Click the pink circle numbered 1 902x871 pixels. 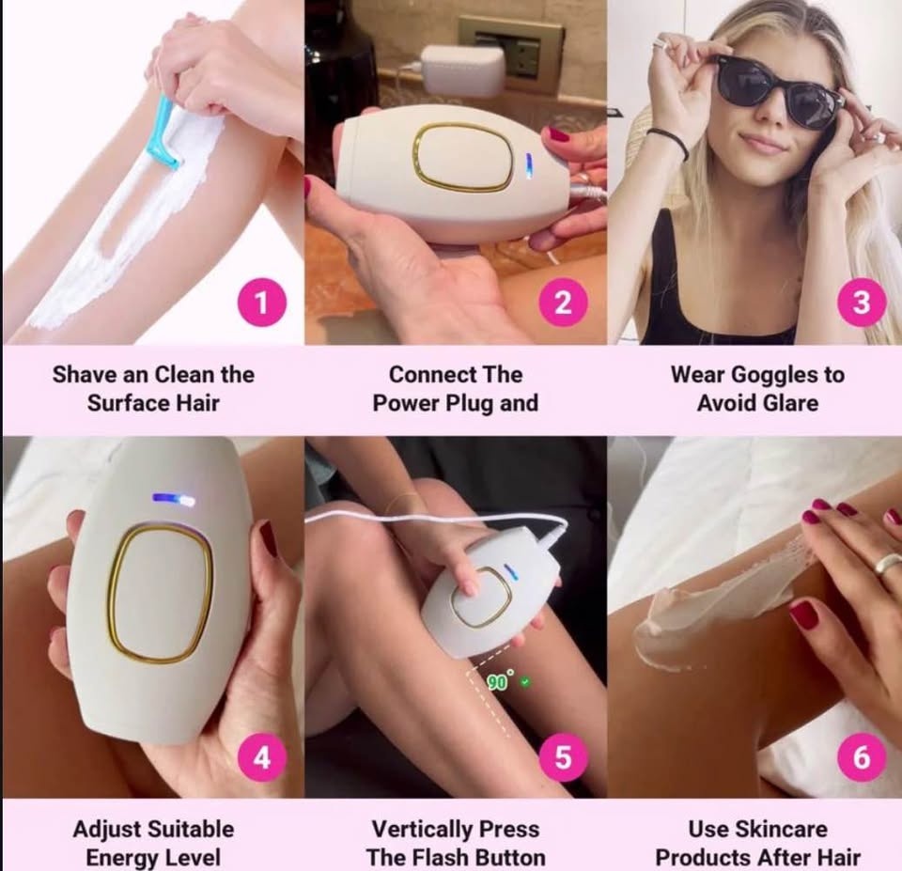262,302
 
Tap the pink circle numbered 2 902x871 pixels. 563,302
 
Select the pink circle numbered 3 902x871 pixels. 862,302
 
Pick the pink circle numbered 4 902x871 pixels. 262,757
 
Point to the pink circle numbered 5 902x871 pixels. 563,757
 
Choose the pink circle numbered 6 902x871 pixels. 862,757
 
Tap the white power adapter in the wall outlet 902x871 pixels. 463,70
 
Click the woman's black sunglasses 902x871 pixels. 778,92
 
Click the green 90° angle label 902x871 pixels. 499,682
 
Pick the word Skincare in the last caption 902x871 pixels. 782,829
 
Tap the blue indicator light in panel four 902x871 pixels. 173,499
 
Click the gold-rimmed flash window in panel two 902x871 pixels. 462,157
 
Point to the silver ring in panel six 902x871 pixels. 888,563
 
